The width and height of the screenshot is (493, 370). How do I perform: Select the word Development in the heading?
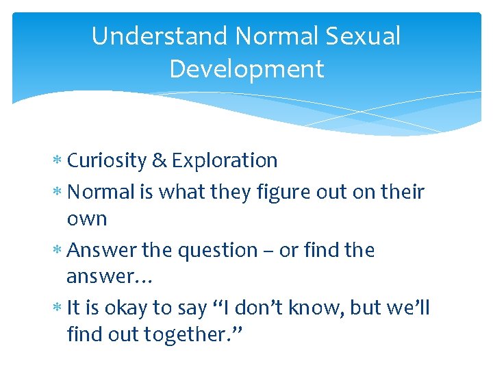coord(246,69)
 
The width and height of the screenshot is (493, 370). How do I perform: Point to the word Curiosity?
coord(107,160)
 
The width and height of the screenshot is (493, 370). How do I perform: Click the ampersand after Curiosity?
coord(160,160)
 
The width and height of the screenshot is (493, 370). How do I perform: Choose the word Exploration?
coord(225,160)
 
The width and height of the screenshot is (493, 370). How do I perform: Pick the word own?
coord(87,220)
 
